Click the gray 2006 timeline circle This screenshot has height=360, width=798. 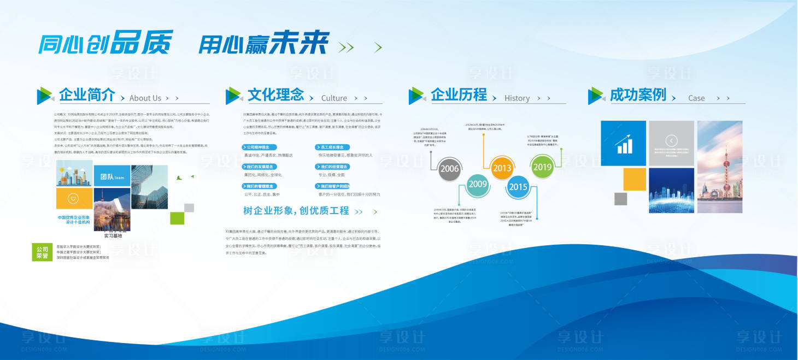449,169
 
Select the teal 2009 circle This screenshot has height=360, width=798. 478,184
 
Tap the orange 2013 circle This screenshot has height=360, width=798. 502,168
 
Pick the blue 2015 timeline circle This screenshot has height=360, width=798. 518,187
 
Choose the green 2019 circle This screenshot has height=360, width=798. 542,167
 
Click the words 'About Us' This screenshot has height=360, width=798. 145,98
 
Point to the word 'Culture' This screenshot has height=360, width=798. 334,98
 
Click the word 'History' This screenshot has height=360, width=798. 517,98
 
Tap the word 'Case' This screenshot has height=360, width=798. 696,98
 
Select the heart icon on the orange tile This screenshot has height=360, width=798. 74,195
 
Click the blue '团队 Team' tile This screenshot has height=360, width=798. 112,177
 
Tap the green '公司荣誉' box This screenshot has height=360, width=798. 43,252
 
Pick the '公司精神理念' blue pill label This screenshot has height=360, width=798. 260,147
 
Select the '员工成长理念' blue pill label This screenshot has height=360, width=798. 332,147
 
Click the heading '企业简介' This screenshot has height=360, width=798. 87,95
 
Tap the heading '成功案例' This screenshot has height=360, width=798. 638,95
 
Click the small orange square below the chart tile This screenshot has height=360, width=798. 634,179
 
